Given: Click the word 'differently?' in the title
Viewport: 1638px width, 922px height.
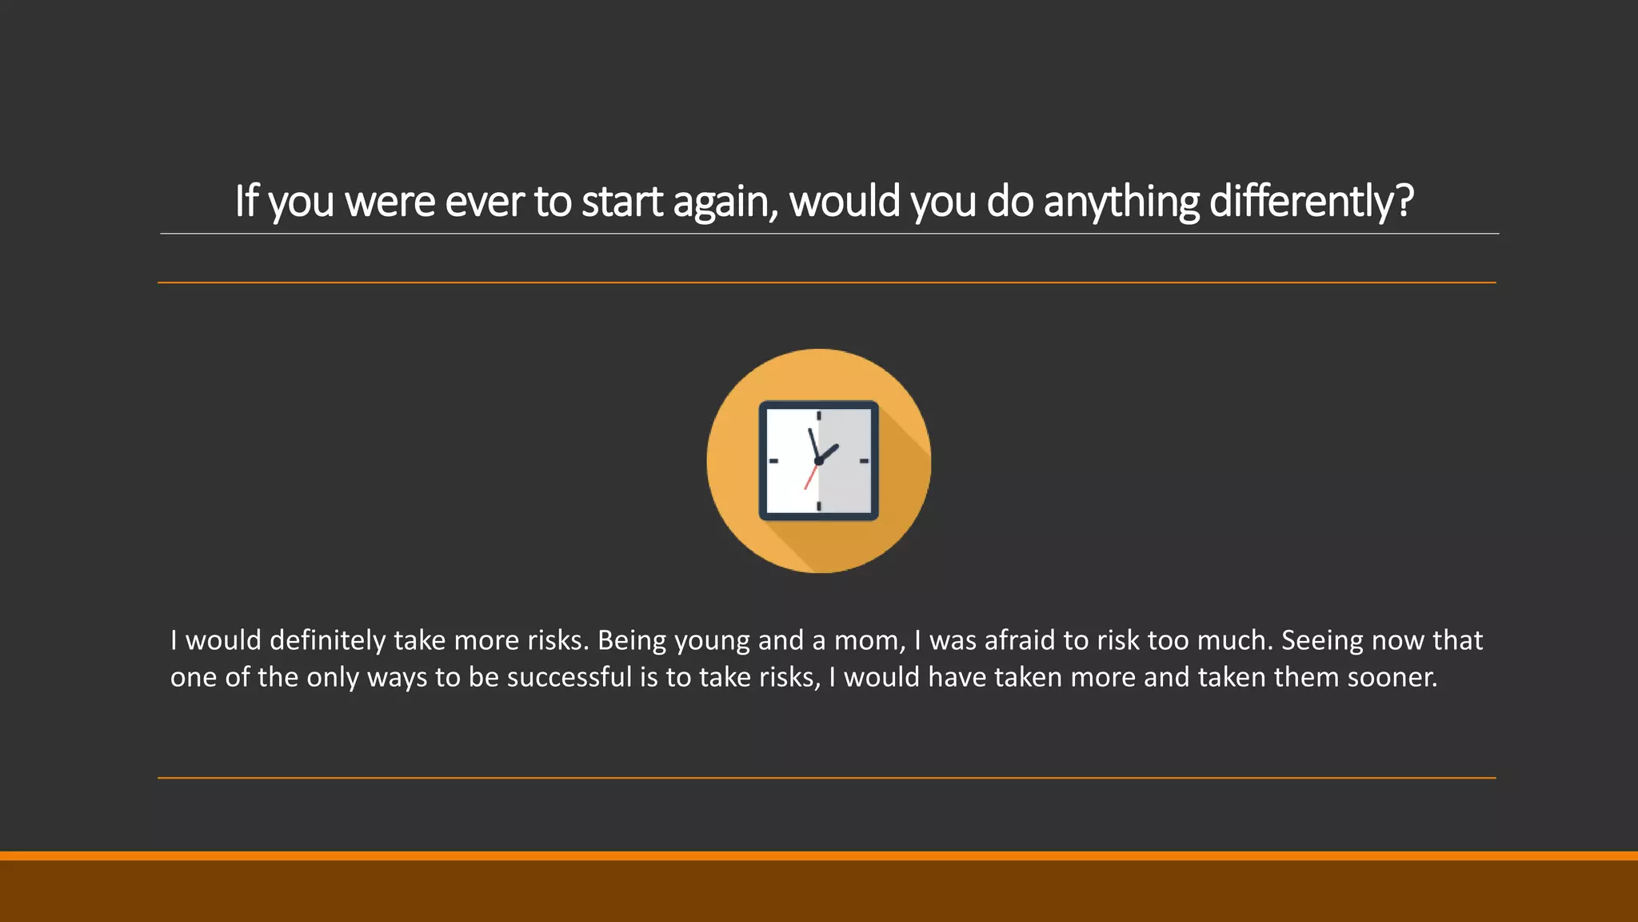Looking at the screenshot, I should [1311, 201].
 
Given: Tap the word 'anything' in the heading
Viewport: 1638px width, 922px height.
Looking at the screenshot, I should [1121, 201].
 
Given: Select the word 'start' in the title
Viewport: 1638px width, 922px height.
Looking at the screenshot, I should [621, 201].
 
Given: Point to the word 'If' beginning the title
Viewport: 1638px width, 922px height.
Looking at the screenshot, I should [246, 201].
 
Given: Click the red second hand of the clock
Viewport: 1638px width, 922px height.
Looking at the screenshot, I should [810, 477].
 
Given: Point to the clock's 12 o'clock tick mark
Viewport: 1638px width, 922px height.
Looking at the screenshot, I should [819, 416].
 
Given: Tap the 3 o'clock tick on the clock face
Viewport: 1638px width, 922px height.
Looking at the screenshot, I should [864, 461].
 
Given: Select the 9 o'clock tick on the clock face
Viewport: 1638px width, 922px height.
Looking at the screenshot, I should [773, 461].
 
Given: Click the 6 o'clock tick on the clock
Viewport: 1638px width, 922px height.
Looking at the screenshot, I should [819, 506].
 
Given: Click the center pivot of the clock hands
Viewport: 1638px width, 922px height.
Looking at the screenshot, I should [818, 461].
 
